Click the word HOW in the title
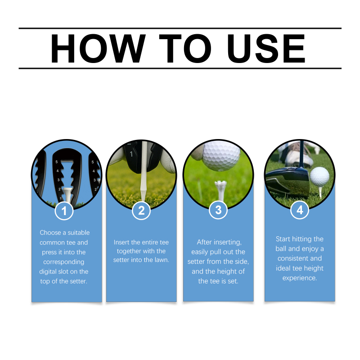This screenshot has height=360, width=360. [98, 49]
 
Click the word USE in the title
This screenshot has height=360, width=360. [266, 49]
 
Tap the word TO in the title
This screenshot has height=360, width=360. [185, 49]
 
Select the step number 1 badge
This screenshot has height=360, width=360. [64, 211]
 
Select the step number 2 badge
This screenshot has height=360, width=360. [141, 211]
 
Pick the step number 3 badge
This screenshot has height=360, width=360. [218, 210]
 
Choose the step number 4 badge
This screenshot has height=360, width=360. [300, 210]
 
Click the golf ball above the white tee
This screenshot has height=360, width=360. [221, 156]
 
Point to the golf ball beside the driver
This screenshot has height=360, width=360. [319, 176]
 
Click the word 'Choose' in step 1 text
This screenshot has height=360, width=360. [50, 233]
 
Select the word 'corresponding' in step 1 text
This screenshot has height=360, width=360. [64, 262]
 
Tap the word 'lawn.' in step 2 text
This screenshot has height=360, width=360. [161, 260]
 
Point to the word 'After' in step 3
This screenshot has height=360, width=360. [204, 242]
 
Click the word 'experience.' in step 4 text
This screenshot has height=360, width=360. [300, 278]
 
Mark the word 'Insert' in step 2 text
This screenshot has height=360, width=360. [121, 242]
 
